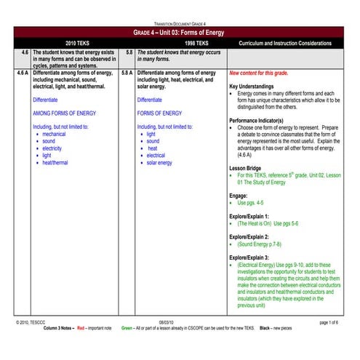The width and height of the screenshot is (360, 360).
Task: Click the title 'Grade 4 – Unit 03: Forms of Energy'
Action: click(x=179, y=33)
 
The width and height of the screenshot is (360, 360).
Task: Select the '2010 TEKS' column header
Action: click(x=76, y=44)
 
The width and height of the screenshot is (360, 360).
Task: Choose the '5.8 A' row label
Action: click(x=127, y=73)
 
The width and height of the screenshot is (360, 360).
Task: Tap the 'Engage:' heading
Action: click(x=240, y=196)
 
